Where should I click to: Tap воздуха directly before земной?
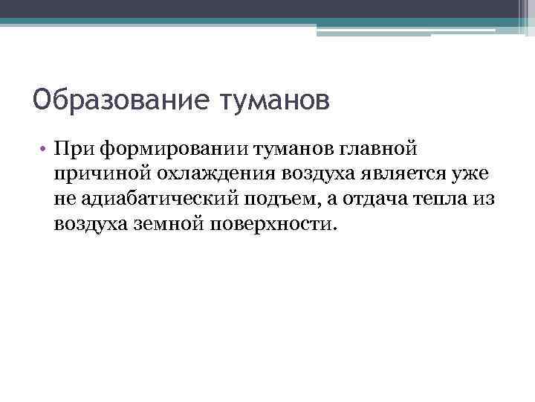pos(90,224)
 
